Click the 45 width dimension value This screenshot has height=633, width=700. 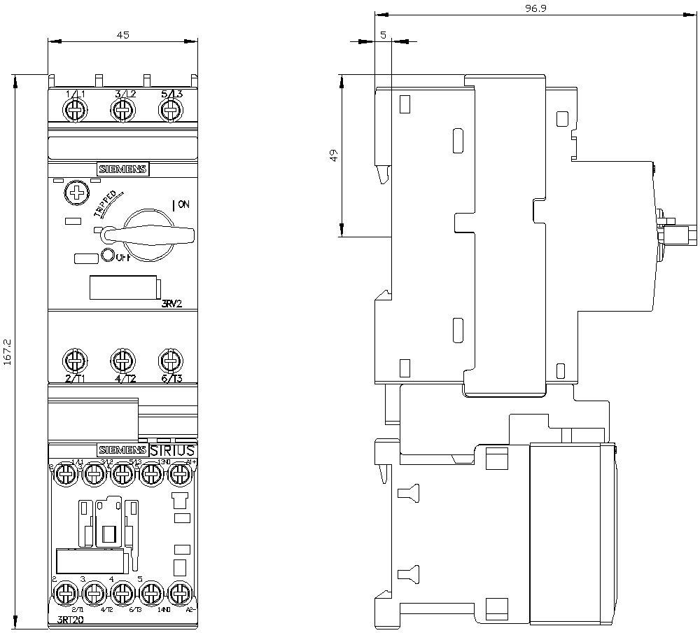(x=122, y=34)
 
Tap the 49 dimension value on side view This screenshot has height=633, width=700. (x=335, y=155)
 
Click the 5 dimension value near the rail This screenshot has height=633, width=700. (x=383, y=34)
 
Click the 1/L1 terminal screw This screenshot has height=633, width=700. (x=75, y=110)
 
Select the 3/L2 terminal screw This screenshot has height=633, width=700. (x=122, y=110)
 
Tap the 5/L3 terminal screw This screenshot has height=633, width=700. (x=169, y=110)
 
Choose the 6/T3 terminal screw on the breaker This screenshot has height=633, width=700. (x=168, y=361)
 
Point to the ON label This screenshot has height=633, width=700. (x=182, y=204)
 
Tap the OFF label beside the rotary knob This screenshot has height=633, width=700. (x=123, y=257)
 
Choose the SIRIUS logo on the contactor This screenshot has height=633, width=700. (x=172, y=450)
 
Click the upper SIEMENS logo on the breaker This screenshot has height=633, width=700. (x=122, y=169)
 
